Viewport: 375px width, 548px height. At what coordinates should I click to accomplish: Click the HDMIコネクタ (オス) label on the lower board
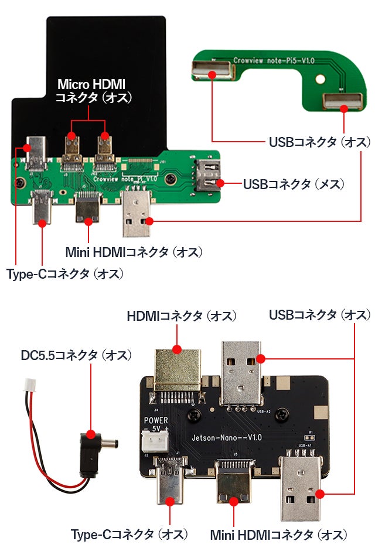[x=182, y=316]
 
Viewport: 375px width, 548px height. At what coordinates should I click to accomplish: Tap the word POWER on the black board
[x=156, y=420]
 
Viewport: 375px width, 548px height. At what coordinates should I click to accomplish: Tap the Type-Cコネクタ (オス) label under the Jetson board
[x=129, y=535]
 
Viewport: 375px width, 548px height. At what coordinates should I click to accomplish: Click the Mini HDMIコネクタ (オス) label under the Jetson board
[x=278, y=535]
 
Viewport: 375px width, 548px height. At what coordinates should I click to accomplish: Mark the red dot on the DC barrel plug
[x=91, y=434]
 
